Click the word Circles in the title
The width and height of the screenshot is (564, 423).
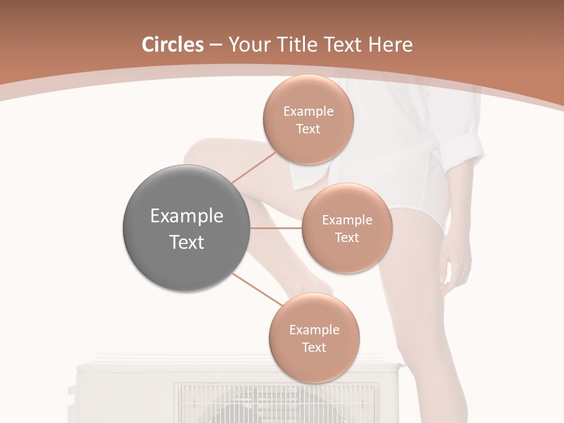click(172, 45)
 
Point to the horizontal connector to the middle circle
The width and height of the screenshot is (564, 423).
click(276, 228)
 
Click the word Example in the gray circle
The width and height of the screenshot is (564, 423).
click(186, 216)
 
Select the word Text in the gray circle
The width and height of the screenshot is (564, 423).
click(186, 242)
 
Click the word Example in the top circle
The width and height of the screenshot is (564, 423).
click(308, 111)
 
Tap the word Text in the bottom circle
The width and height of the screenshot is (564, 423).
click(314, 347)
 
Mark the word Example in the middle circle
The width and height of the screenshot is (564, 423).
click(347, 220)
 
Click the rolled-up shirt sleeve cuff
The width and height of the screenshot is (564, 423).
click(464, 147)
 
